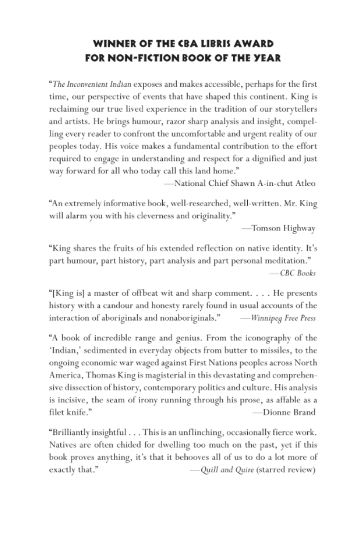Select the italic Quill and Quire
pos(222,470)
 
